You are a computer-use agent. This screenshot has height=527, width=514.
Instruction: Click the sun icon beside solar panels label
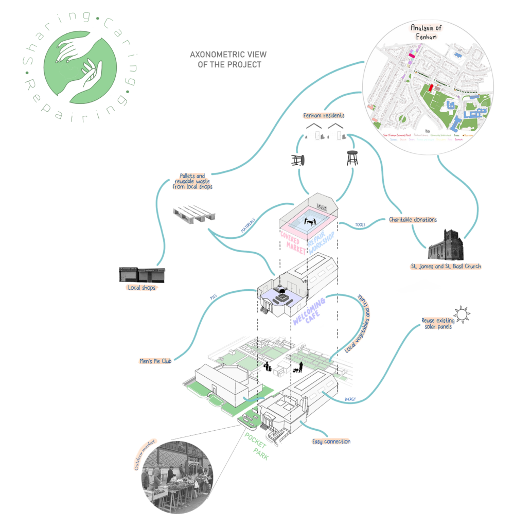[x=461, y=313]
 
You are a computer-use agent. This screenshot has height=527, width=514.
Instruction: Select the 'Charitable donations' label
[x=413, y=219]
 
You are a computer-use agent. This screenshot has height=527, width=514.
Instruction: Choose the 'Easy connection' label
[x=331, y=442]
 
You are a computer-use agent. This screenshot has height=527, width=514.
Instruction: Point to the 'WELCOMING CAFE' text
[x=309, y=311]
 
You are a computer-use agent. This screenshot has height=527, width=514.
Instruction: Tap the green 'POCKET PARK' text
[x=256, y=446]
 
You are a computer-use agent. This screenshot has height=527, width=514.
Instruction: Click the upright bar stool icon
[x=352, y=157]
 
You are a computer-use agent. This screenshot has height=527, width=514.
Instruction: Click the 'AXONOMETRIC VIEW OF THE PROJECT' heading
[x=226, y=60]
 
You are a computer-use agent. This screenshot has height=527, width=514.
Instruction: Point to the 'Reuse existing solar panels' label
[x=436, y=323]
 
